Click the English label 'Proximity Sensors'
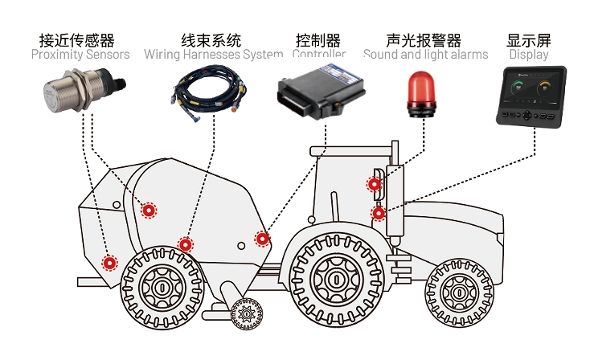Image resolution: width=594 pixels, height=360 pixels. click(80, 55)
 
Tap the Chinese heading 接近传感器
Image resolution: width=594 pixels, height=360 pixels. click(77, 39)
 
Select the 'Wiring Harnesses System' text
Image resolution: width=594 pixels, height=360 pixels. click(213, 55)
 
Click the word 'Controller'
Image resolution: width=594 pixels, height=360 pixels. click(319, 55)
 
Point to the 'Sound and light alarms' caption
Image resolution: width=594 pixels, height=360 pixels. click(425, 55)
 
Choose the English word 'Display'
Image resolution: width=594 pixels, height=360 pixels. click(529, 55)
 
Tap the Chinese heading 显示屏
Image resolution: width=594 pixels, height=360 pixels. click(529, 39)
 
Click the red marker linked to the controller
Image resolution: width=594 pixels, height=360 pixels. click(262, 238)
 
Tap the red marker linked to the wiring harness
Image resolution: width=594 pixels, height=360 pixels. click(186, 244)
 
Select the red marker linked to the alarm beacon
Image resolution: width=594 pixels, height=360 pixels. click(374, 184)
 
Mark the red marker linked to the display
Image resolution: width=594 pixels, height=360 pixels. click(377, 213)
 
